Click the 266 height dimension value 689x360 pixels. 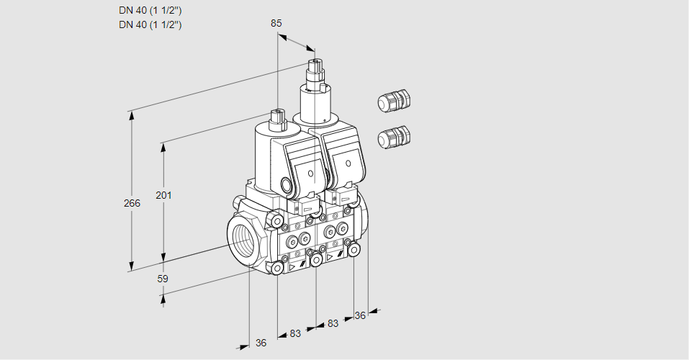(x=131, y=204)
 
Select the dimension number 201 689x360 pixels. (x=164, y=196)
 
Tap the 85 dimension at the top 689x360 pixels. (x=276, y=23)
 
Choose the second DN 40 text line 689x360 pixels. (x=150, y=24)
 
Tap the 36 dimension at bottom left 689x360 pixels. (x=261, y=343)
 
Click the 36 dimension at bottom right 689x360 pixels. (x=360, y=315)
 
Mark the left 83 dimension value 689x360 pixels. (x=295, y=333)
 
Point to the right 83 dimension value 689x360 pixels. (x=333, y=323)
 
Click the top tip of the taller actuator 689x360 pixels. (x=314, y=63)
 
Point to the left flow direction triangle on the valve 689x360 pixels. (x=292, y=266)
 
